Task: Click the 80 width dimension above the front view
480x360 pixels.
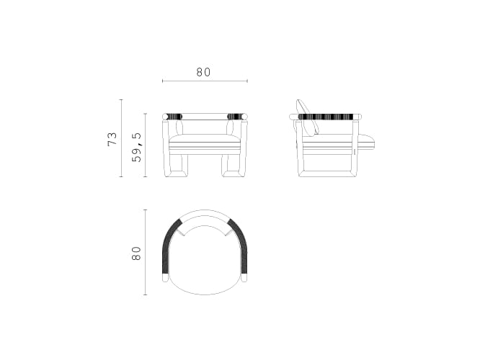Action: tap(203, 72)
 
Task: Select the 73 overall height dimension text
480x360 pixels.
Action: tap(112, 139)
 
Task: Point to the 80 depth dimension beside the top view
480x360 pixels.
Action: tap(136, 253)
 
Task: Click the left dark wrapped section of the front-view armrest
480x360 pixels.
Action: tap(174, 116)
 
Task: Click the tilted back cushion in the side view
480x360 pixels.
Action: tap(308, 117)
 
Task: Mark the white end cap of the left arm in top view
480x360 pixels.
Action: tap(165, 278)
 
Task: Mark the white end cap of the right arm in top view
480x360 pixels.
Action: tap(244, 278)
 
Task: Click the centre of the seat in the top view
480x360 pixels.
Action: tap(205, 259)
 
